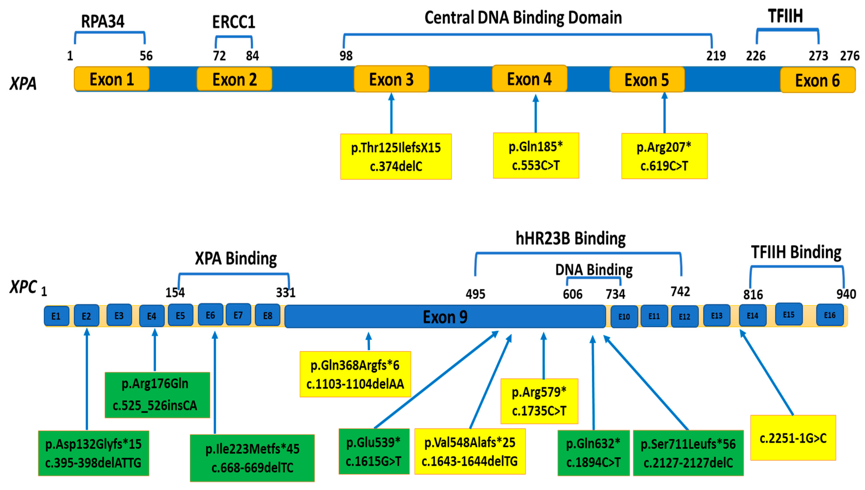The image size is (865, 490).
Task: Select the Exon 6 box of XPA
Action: [x=817, y=80]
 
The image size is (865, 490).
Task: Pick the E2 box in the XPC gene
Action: [x=87, y=316]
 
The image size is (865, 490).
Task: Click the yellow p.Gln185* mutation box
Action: [x=536, y=155]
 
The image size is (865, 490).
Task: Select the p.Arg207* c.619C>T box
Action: [x=664, y=156]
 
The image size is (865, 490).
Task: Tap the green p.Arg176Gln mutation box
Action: [x=157, y=395]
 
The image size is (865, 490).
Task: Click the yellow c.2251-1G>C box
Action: [x=793, y=438]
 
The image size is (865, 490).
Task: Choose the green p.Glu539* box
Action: [x=374, y=451]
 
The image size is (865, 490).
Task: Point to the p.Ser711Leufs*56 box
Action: [x=688, y=453]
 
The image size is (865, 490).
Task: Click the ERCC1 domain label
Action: [x=233, y=22]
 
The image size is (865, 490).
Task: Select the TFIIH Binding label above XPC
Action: [x=796, y=252]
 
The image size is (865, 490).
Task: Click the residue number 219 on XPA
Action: [x=716, y=56]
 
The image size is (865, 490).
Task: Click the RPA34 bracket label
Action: [x=103, y=22]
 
